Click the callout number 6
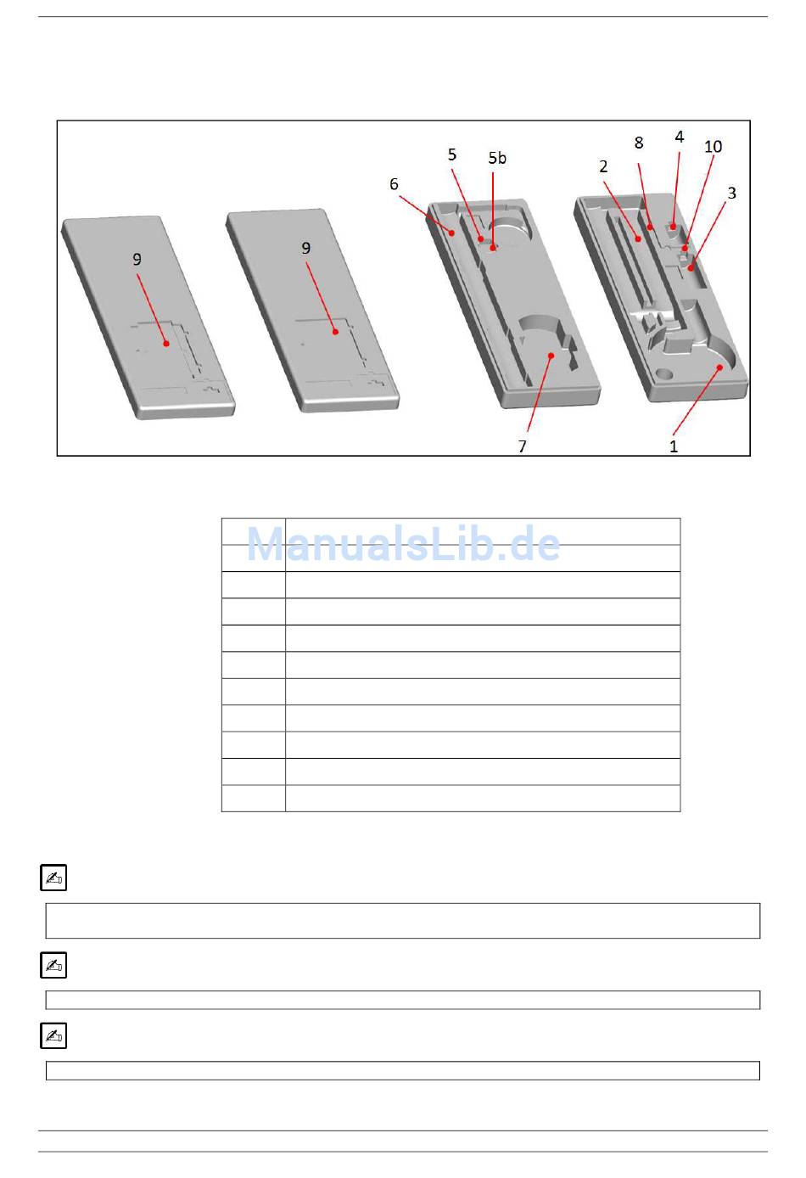pyautogui.click(x=394, y=184)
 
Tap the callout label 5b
pyautogui.click(x=497, y=158)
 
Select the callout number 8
pyautogui.click(x=639, y=143)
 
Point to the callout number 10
pyautogui.click(x=713, y=146)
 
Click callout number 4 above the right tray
pyautogui.click(x=680, y=137)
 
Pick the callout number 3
pyautogui.click(x=732, y=193)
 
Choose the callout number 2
pyautogui.click(x=603, y=166)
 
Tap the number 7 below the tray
pyautogui.click(x=522, y=446)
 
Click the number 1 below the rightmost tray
pyautogui.click(x=674, y=446)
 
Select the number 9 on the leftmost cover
pyautogui.click(x=137, y=259)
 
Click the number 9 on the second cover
pyautogui.click(x=306, y=248)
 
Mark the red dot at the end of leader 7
pyautogui.click(x=551, y=356)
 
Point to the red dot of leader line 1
pyautogui.click(x=719, y=367)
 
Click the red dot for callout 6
pyautogui.click(x=451, y=233)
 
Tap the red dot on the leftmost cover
pyautogui.click(x=166, y=344)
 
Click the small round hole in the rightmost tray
pyautogui.click(x=664, y=374)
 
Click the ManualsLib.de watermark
pyautogui.click(x=403, y=543)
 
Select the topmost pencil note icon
pyautogui.click(x=53, y=878)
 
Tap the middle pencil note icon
pyautogui.click(x=53, y=965)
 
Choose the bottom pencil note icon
pyautogui.click(x=53, y=1035)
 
